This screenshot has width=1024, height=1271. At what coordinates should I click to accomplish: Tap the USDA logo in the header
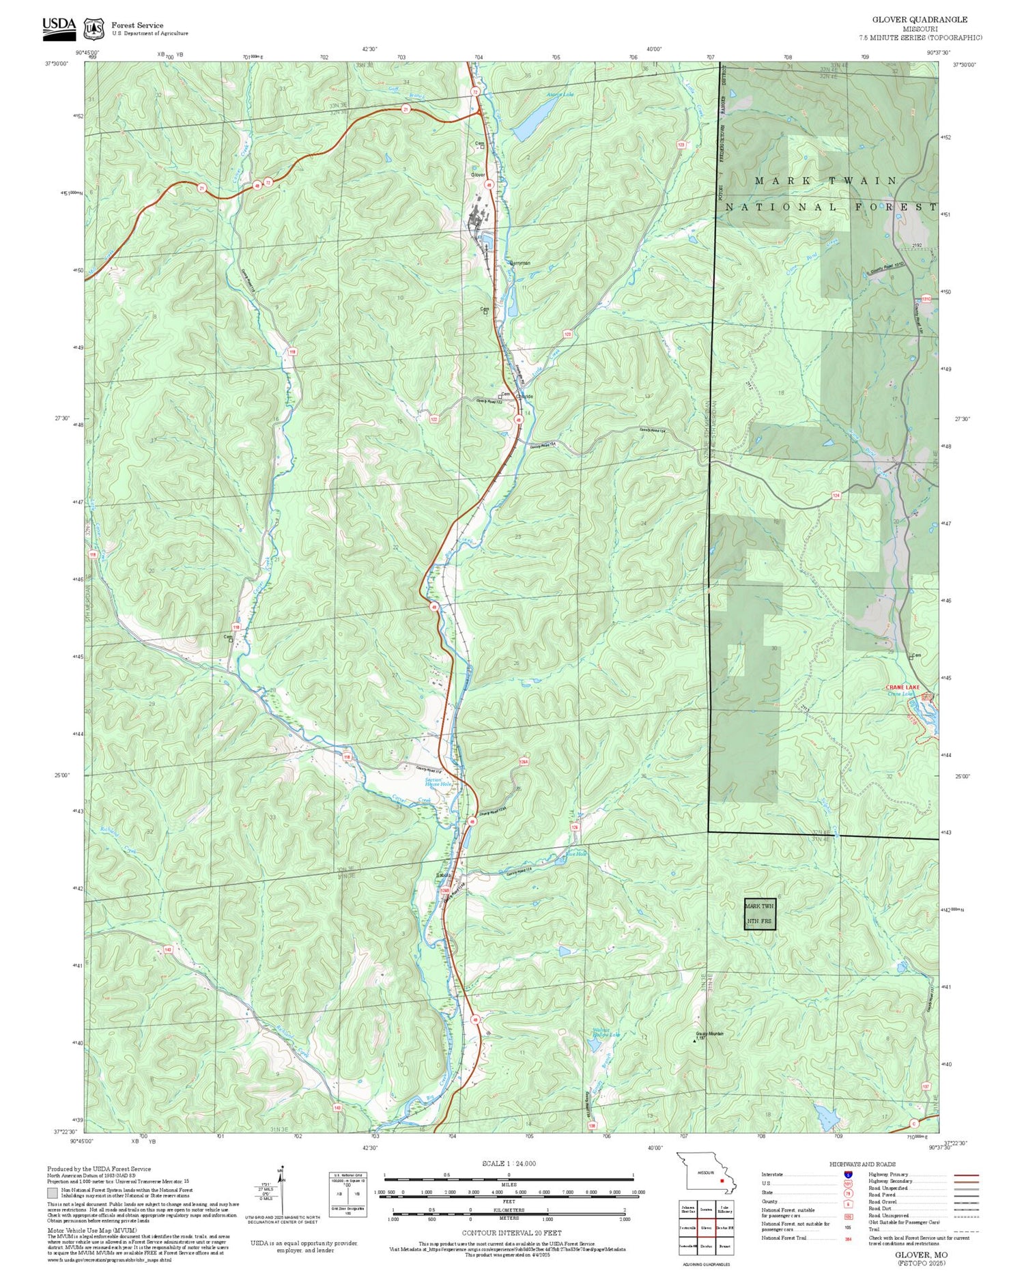(x=59, y=25)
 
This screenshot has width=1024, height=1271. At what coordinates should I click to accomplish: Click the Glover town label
(x=479, y=175)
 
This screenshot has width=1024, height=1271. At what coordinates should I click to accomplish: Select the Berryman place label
(x=520, y=263)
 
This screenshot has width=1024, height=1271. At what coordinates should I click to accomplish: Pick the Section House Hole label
(x=438, y=782)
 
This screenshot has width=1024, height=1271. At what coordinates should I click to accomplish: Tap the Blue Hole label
(x=576, y=853)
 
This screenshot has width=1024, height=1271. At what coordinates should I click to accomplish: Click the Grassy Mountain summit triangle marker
(x=694, y=1041)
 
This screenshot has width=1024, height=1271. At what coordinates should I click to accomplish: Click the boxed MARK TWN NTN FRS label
(x=760, y=913)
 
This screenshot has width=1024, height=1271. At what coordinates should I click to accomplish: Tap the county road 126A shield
(x=524, y=761)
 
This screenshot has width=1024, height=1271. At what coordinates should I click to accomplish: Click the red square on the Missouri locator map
(x=722, y=1180)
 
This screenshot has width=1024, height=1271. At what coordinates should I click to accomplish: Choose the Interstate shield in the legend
(x=847, y=1174)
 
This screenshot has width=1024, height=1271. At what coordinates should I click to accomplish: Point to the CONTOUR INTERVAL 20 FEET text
(x=511, y=1233)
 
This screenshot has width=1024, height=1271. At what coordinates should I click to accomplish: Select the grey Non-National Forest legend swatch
(x=53, y=1193)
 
